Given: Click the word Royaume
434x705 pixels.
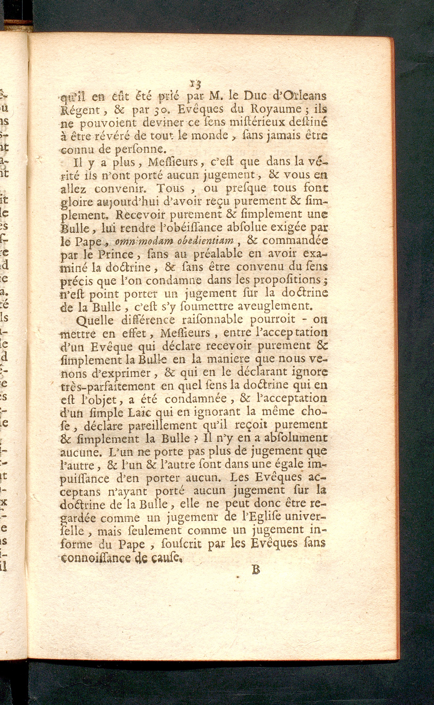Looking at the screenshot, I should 283,112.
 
